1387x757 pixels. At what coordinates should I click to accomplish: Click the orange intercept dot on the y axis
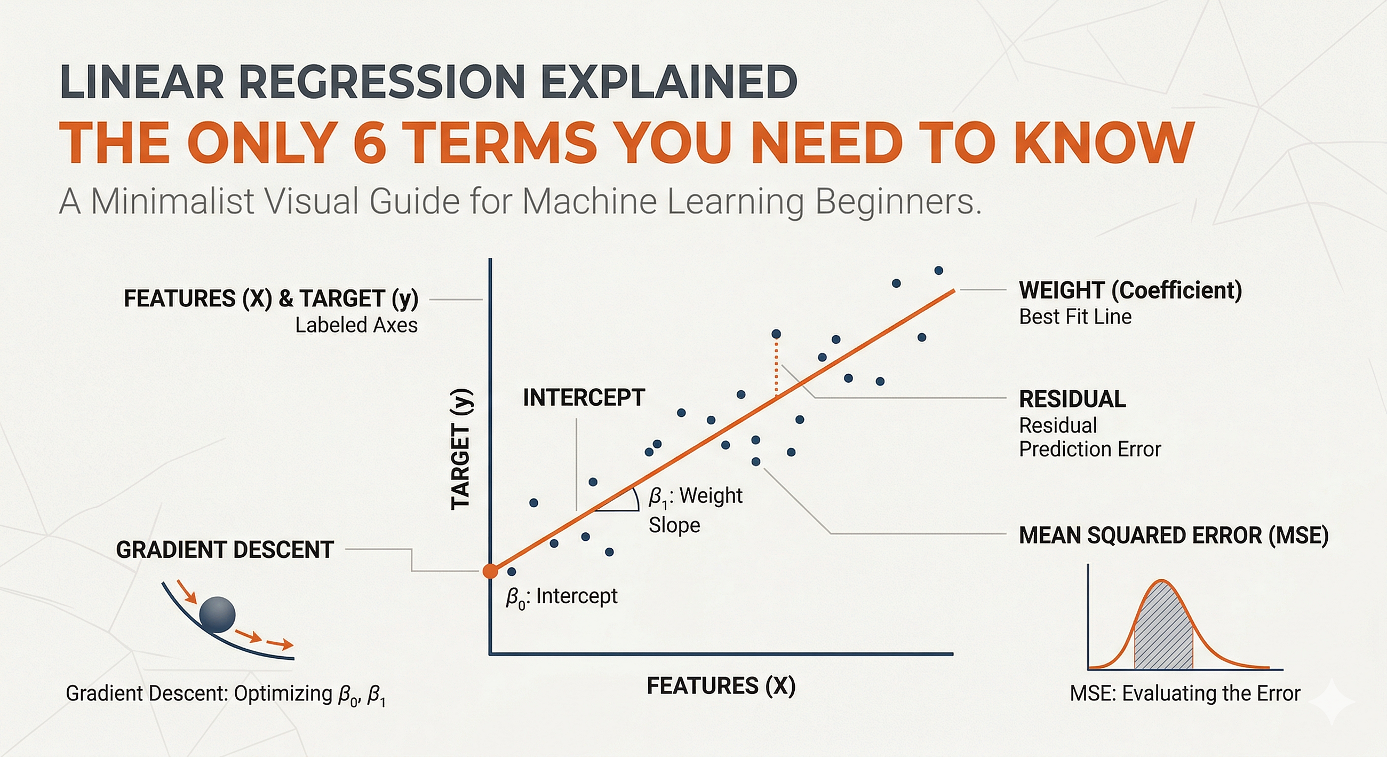490,571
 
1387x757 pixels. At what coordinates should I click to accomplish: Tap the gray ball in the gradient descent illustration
218,614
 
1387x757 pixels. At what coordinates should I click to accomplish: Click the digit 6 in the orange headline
369,143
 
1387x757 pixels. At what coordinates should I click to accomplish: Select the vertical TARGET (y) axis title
461,449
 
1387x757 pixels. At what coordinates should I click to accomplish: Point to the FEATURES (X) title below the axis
721,687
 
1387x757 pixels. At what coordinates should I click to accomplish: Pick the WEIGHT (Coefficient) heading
1130,290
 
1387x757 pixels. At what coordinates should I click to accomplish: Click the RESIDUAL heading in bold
1072,399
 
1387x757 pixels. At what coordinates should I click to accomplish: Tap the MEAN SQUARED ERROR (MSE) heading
1174,535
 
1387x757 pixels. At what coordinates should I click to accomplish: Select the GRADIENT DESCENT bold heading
225,549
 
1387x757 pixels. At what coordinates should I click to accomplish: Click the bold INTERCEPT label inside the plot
584,398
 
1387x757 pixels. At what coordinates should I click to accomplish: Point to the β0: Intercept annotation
561,597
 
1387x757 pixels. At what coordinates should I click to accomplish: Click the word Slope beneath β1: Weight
674,525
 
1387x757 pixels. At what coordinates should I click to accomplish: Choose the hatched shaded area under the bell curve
1163,630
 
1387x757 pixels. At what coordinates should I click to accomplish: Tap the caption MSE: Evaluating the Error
1184,693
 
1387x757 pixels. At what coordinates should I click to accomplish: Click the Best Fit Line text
1075,317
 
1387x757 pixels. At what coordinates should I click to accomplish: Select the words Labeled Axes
356,326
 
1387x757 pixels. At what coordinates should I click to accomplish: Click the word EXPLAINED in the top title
668,81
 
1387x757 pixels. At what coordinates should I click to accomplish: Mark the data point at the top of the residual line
776,334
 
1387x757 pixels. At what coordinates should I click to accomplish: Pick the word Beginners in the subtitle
898,202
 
